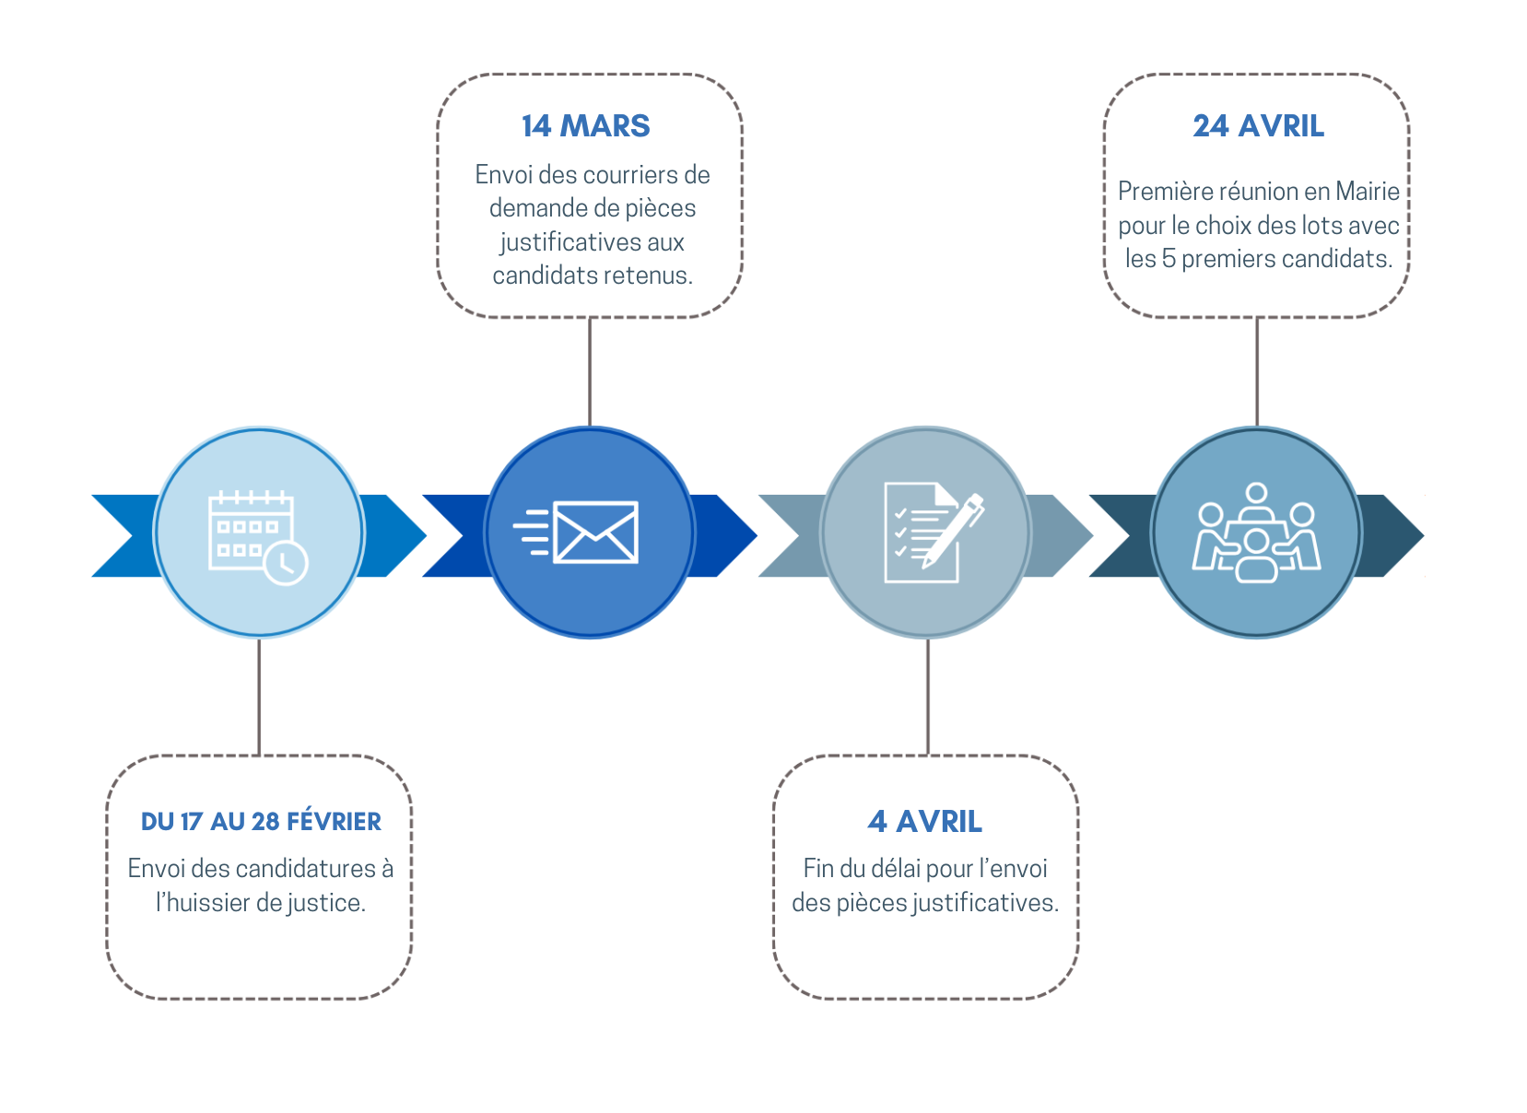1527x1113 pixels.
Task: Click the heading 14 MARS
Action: coord(585,126)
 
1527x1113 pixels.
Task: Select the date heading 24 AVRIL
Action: coord(1259,126)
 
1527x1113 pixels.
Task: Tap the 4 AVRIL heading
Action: coord(925,821)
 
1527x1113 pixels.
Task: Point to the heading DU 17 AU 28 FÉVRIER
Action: coord(261,821)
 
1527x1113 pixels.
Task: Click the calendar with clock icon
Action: coord(258,537)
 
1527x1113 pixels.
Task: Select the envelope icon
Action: coord(576,533)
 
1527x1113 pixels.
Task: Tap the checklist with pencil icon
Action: coord(934,533)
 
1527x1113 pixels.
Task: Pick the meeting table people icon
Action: coord(1256,533)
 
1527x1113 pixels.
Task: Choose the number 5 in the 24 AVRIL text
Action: coord(1169,259)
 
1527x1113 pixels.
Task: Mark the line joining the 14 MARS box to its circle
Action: coord(590,372)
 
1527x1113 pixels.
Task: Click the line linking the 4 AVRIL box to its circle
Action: coord(928,697)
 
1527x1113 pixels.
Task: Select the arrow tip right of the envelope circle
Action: coord(736,535)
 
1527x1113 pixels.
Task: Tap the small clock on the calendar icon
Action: coord(286,563)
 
